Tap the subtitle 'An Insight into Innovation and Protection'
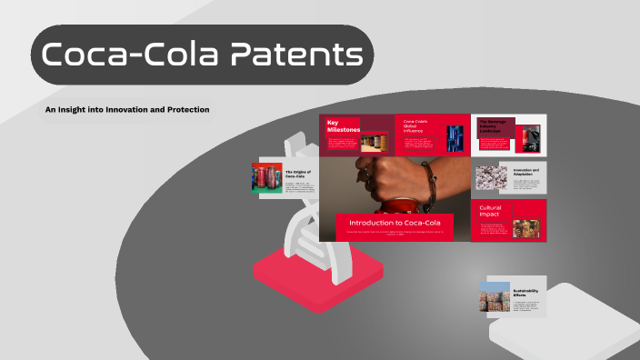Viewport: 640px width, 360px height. click(x=127, y=109)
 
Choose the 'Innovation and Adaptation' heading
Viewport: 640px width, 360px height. click(x=526, y=173)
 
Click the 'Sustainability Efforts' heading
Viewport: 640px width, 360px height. click(x=525, y=294)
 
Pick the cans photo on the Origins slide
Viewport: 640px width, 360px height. click(x=267, y=177)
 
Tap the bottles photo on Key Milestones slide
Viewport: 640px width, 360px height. click(x=375, y=142)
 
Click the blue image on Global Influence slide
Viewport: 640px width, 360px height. click(x=455, y=138)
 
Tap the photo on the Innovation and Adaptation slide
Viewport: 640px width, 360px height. click(x=493, y=177)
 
